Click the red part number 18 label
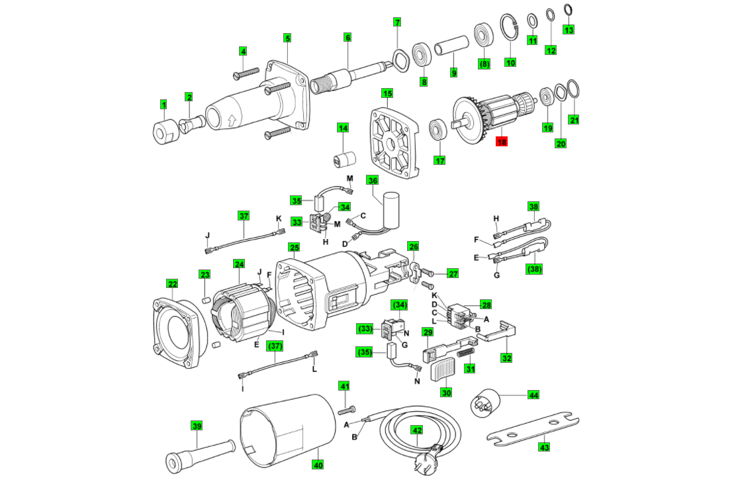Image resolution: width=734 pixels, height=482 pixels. (502, 141)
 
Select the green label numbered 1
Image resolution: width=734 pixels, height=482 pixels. (163, 104)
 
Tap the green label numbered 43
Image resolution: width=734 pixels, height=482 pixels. (543, 447)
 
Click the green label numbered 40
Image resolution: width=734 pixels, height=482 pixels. (317, 465)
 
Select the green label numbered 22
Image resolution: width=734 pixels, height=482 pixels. (172, 284)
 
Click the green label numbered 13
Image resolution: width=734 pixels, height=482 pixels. (569, 30)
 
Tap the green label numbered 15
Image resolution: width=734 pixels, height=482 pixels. (387, 93)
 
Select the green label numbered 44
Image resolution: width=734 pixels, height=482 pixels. (533, 395)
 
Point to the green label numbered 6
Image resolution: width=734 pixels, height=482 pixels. (347, 37)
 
